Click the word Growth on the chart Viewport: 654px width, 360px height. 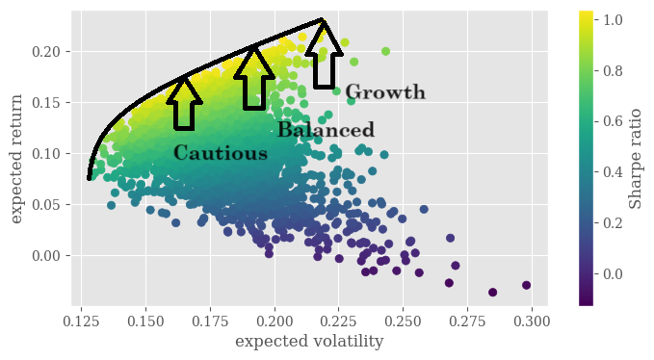click(384, 92)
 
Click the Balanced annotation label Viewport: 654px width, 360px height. click(326, 130)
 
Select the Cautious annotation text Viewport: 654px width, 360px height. click(221, 153)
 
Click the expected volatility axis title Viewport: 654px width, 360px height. click(310, 342)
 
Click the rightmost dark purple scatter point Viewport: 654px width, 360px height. click(526, 285)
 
